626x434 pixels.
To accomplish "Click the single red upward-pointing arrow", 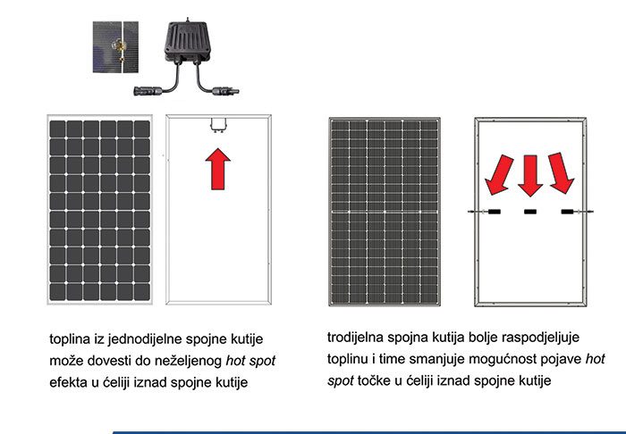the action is pos(218,169).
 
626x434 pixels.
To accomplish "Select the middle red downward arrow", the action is pos(530,176).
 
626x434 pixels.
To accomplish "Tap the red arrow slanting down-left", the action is pos(499,175).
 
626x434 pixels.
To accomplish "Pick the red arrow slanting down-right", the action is pos(561,173).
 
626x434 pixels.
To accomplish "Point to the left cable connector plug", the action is pos(148,91).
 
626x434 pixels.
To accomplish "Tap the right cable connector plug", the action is pos(225,91).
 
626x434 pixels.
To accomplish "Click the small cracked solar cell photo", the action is pos(115,47).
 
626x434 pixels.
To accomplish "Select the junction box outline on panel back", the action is pos(218,124).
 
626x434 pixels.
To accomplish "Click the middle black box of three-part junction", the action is pos(530,212).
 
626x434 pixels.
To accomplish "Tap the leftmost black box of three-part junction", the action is pos(495,212).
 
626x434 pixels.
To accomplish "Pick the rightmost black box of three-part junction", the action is pos(567,212).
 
